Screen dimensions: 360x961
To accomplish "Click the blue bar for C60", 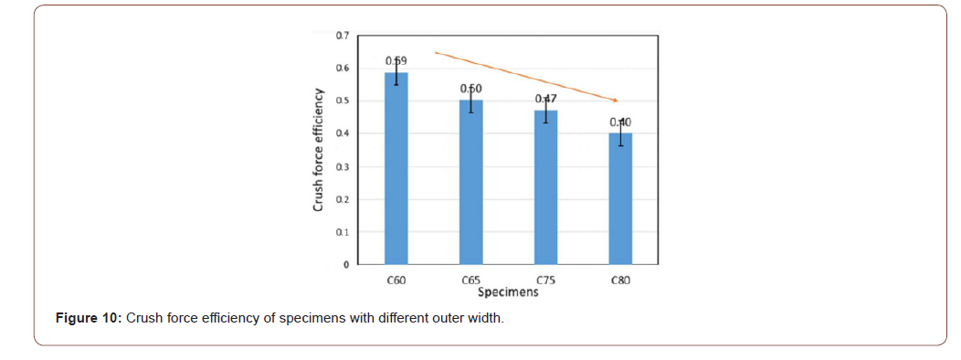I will pos(396,169).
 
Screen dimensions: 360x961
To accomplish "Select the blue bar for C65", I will pos(470,183).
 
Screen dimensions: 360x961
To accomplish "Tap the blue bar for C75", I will pos(545,188).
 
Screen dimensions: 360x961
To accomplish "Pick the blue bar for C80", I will pos(620,199).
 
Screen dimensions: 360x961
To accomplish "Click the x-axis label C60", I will pos(396,282).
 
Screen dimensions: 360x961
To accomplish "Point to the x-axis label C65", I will pos(471,282).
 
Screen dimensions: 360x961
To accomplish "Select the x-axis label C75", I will pos(546,282).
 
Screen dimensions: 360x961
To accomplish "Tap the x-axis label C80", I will pos(620,282).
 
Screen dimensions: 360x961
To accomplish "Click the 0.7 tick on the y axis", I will pos(342,36).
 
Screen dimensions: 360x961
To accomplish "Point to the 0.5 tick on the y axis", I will pos(342,101).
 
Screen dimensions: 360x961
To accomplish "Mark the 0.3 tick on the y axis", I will pos(342,167).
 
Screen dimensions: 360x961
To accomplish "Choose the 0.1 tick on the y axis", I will pos(342,233).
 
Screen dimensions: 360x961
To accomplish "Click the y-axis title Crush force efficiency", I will pos(318,151).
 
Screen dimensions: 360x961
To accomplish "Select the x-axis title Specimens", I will pos(508,293).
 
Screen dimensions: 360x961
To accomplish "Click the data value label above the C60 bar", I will pos(396,61).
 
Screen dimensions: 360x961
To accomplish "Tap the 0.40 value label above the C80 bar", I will pos(620,122).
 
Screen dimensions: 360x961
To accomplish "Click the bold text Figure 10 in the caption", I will pos(89,319).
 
